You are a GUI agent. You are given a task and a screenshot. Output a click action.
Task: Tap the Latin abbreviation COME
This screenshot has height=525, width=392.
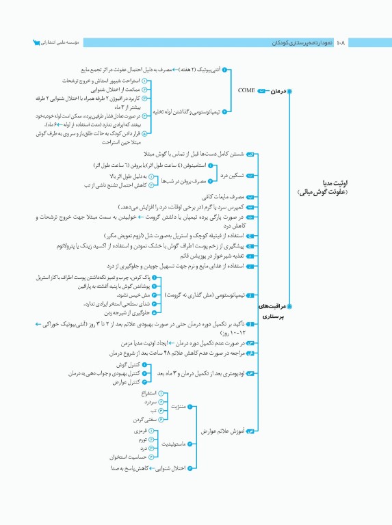tap(246, 90)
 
